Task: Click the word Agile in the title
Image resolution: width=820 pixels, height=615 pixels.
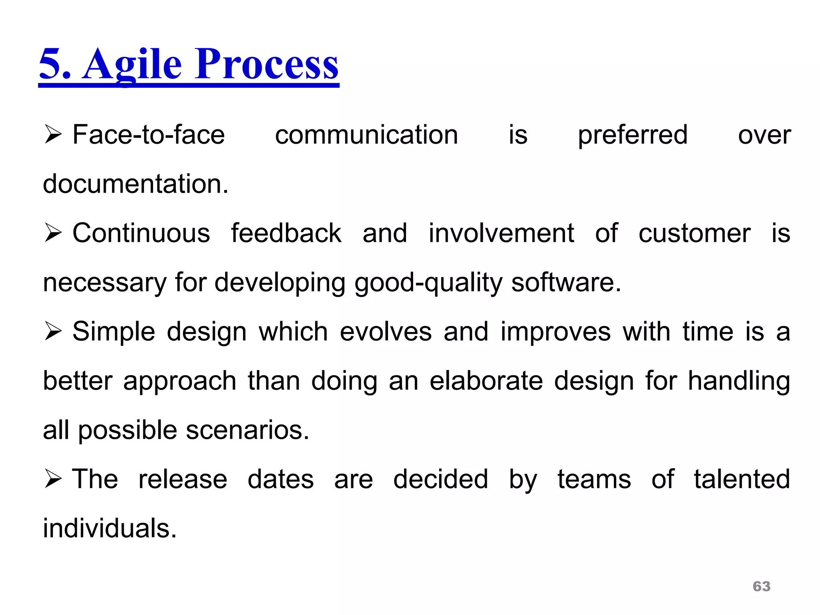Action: [x=132, y=64]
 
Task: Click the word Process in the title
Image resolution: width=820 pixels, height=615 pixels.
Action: [x=267, y=64]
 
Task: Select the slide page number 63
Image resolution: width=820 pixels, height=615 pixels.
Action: [x=762, y=586]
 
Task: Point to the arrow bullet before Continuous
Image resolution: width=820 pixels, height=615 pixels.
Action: [x=53, y=233]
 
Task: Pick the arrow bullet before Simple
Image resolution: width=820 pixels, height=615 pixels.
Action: [x=53, y=332]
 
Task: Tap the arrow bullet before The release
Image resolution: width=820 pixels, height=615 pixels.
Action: [x=53, y=479]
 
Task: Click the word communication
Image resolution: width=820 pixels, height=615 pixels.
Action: [x=366, y=135]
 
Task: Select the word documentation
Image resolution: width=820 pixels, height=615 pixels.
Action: [x=135, y=184]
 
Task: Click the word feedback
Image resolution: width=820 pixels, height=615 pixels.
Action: [x=286, y=233]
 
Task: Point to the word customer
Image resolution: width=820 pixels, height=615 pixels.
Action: [x=694, y=234]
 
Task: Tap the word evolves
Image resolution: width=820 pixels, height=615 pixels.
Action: [x=386, y=332]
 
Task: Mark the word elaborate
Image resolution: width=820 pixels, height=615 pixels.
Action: [x=486, y=381]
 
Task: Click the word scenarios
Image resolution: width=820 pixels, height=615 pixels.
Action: [x=247, y=430]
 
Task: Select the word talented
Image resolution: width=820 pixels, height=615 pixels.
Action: [x=742, y=479]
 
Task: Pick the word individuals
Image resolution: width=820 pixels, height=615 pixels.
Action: [x=110, y=529]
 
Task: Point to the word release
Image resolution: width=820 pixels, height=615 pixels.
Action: [x=183, y=479]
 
